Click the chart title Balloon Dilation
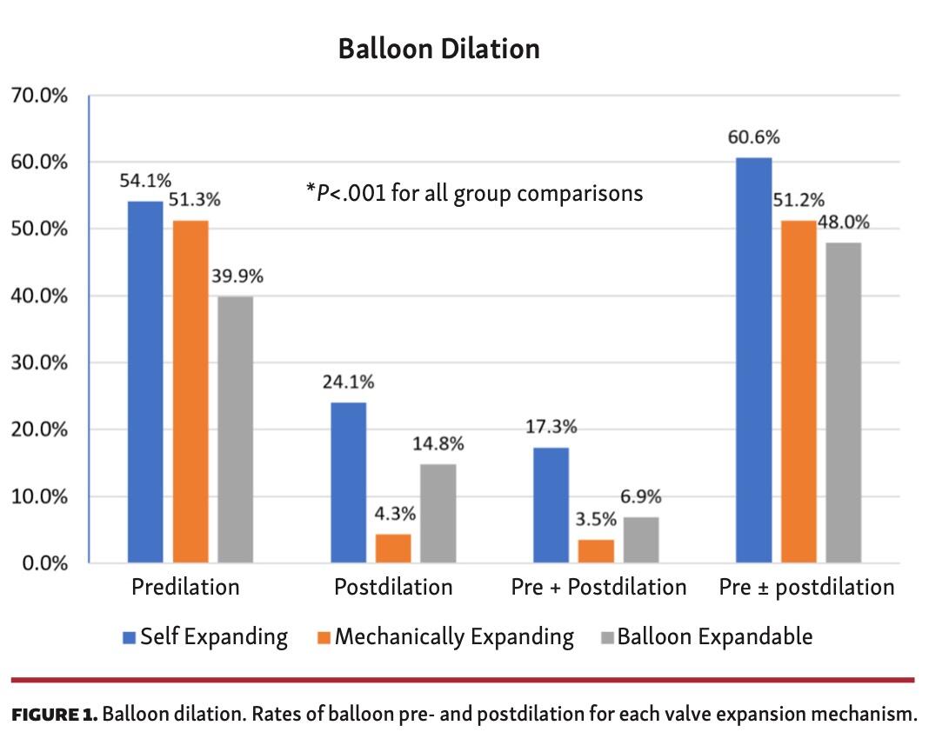pos(438,49)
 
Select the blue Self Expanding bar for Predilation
pos(145,382)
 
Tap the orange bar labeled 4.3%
pos(393,549)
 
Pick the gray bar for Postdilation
pos(438,513)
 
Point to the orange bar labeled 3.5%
pos(596,551)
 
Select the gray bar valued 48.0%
pos(843,402)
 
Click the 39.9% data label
pos(237,276)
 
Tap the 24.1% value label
pos(349,383)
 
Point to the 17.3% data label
pos(551,428)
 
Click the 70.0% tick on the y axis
pos(40,96)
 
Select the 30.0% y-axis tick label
pos(40,363)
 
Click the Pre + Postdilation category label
pos(598,588)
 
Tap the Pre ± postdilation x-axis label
pos(806,588)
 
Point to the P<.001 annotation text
pos(474,192)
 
